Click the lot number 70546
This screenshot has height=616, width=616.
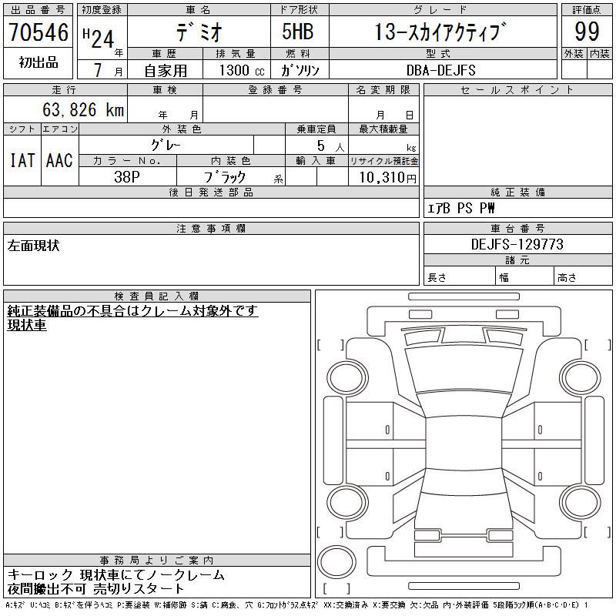(38, 32)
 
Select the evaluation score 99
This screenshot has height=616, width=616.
(587, 32)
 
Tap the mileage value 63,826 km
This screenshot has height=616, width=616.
(83, 109)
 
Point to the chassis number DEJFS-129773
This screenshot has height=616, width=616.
(517, 244)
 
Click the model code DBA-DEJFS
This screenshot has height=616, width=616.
(440, 70)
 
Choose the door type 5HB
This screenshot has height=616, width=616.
(298, 32)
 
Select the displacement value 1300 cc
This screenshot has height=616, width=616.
(242, 70)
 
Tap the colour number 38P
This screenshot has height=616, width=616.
(127, 177)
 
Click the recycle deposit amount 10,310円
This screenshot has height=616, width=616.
(387, 177)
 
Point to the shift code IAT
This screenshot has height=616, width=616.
(22, 160)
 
